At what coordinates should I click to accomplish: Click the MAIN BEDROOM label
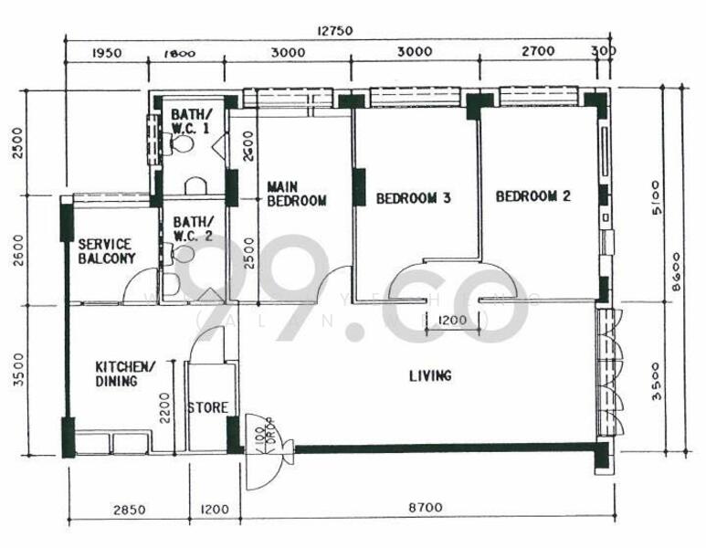click(x=296, y=195)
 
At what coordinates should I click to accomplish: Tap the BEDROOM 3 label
click(x=413, y=197)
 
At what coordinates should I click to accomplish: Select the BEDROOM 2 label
click(x=533, y=195)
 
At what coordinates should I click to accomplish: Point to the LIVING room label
click(x=430, y=375)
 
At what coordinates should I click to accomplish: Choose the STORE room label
click(x=207, y=407)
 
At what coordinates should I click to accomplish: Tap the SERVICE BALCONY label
click(x=107, y=251)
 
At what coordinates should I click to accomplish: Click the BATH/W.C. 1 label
click(x=192, y=121)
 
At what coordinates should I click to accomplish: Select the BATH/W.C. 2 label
click(x=193, y=228)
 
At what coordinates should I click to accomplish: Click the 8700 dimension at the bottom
click(x=428, y=510)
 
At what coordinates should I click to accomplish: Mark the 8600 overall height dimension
click(x=676, y=271)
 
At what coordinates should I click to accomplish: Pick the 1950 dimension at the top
click(x=107, y=53)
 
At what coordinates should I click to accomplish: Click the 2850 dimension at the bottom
click(x=129, y=510)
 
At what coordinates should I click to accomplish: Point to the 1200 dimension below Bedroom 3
click(x=447, y=321)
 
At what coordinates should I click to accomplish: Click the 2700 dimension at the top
click(x=537, y=52)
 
